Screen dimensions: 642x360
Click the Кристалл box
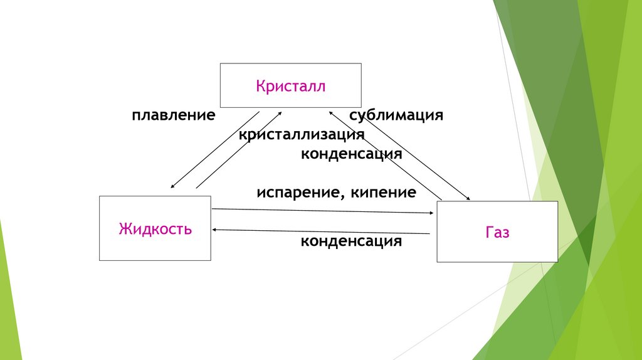(x=290, y=85)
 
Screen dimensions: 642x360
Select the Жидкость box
(x=155, y=228)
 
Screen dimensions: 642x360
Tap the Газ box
(x=497, y=231)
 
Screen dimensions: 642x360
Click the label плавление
(x=174, y=115)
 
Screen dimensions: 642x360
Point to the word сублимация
(x=396, y=115)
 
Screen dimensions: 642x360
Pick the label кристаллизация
(x=302, y=134)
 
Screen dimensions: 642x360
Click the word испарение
(x=297, y=193)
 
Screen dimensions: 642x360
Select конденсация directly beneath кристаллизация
(x=351, y=154)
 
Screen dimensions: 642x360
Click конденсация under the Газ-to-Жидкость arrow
(x=351, y=241)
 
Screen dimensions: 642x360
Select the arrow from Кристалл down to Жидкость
(x=214, y=151)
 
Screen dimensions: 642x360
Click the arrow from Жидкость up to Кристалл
(x=239, y=150)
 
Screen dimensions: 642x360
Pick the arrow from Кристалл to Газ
(x=411, y=157)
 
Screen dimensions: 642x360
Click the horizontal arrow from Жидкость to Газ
(x=323, y=211)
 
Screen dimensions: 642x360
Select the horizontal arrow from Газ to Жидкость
(x=321, y=231)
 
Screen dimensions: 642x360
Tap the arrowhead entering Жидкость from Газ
(x=215, y=230)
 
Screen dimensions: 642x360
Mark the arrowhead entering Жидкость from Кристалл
(x=172, y=186)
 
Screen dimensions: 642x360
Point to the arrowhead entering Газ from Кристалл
(x=468, y=199)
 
